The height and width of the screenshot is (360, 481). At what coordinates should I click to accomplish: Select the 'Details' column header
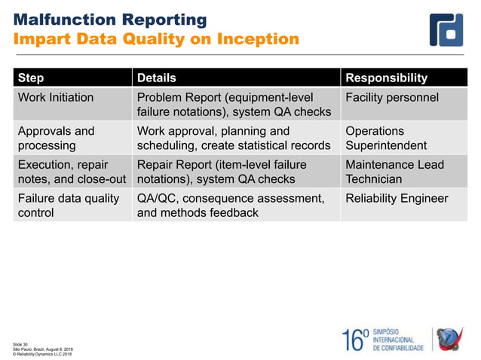coord(156,78)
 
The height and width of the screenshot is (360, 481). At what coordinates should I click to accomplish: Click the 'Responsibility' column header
coord(386,78)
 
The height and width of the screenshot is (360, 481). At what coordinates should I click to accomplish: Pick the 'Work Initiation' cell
coord(56,97)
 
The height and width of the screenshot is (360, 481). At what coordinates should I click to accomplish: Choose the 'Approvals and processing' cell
coord(56,138)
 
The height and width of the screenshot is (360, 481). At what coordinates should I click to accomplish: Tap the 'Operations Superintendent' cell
coord(385,138)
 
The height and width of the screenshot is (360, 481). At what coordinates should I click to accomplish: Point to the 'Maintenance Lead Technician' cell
coord(394,172)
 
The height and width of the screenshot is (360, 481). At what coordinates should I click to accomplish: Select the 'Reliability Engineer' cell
coord(397,199)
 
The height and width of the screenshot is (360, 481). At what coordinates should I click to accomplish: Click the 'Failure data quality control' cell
coord(68,206)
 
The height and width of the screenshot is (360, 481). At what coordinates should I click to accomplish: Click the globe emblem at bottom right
coord(452,340)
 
